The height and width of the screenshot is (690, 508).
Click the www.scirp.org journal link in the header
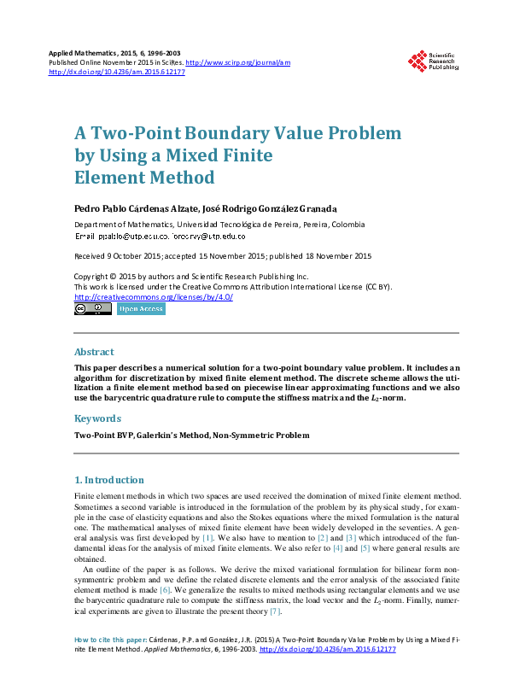(x=238, y=62)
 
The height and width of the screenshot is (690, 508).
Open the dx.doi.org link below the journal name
(x=117, y=72)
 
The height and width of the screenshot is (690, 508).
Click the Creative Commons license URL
(x=153, y=296)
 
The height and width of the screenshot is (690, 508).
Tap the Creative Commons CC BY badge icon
(x=92, y=309)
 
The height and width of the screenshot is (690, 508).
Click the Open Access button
(x=140, y=309)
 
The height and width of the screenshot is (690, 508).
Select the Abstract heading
(x=94, y=352)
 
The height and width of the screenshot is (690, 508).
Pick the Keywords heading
(x=97, y=418)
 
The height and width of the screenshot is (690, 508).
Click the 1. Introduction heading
(x=109, y=480)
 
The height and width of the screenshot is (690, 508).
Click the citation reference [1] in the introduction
(x=207, y=541)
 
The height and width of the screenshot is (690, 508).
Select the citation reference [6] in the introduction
(x=166, y=589)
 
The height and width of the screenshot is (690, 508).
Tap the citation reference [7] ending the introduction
(x=275, y=611)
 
